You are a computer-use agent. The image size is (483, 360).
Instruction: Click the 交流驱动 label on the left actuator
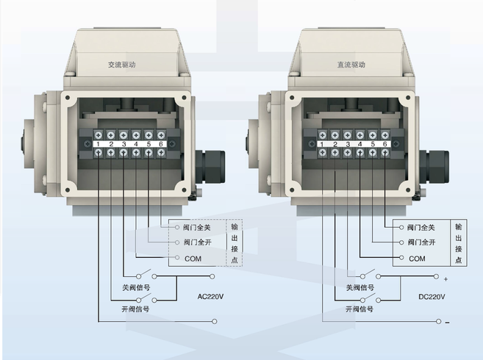[x=122, y=65]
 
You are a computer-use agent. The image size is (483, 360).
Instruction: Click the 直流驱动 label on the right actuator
[x=351, y=65]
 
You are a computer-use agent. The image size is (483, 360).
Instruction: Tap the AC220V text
[x=210, y=297]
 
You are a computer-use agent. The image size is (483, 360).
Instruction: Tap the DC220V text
[x=432, y=297]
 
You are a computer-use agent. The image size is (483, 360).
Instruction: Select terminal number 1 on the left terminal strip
[x=98, y=144]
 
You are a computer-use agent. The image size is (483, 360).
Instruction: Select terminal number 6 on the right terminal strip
[x=384, y=144]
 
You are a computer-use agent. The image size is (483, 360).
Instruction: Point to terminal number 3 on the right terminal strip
[x=348, y=144]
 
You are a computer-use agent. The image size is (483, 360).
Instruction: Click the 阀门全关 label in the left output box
[x=196, y=228]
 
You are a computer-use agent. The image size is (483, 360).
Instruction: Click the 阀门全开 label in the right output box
[x=421, y=242]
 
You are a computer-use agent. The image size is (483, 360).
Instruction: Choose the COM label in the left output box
[x=193, y=259]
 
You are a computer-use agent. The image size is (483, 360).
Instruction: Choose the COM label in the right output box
[x=417, y=259]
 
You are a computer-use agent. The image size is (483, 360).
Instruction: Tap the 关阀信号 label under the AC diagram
[x=136, y=287]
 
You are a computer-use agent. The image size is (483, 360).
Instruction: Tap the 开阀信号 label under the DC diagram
[x=359, y=309]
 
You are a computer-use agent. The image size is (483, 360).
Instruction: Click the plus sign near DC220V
[x=446, y=279]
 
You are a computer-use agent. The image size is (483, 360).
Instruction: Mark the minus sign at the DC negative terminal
[x=447, y=323]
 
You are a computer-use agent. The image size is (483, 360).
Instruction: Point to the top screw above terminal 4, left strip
[x=136, y=135]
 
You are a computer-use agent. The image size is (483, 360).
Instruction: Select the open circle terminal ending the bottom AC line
[x=215, y=322]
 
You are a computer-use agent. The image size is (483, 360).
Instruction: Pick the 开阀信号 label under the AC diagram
[x=135, y=309]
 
